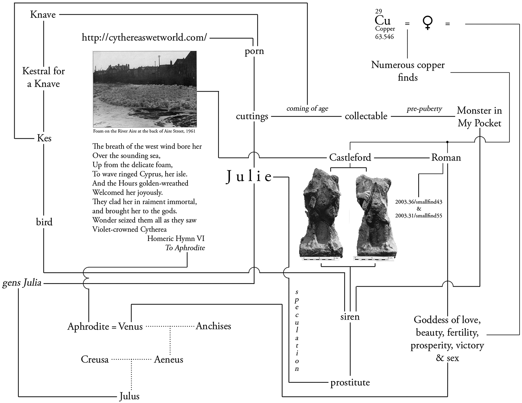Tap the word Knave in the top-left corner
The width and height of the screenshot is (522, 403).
[x=43, y=15]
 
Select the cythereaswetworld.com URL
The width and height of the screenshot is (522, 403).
[x=144, y=38]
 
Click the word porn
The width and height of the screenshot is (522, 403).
[x=254, y=51]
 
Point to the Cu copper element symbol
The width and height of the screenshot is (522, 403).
[x=383, y=21]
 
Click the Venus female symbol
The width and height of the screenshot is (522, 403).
[x=427, y=23]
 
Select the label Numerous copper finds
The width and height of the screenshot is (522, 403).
[x=408, y=71]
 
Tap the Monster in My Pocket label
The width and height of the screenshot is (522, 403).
[x=479, y=117]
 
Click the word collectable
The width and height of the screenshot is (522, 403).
[x=366, y=116]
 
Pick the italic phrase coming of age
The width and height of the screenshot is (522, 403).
[x=307, y=108]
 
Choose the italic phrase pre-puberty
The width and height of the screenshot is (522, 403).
[x=424, y=109]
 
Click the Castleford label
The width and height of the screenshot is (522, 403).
[x=350, y=157]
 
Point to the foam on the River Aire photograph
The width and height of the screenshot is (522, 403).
[x=145, y=89]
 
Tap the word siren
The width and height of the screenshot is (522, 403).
[x=350, y=317]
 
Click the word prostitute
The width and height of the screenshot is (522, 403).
[x=350, y=382]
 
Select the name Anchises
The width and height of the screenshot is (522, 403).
[x=213, y=326]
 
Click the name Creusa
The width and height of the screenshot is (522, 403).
[x=95, y=359]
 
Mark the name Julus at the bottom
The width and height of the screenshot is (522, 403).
[x=129, y=396]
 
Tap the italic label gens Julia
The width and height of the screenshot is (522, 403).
[x=22, y=283]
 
